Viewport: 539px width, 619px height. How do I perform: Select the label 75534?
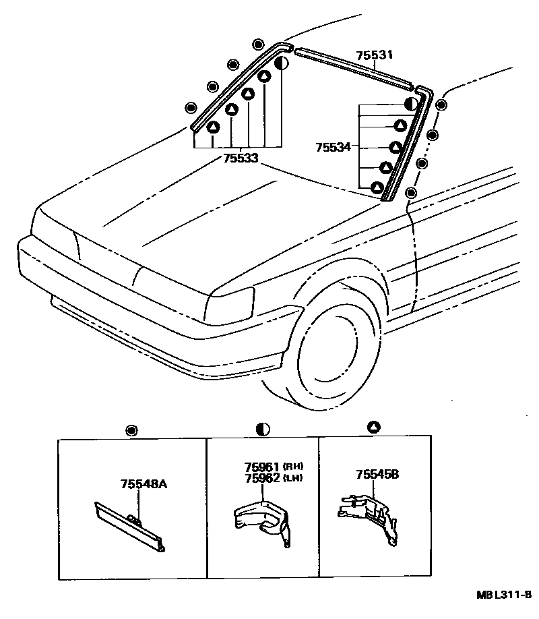(x=333, y=146)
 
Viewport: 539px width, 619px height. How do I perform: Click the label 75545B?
(x=378, y=475)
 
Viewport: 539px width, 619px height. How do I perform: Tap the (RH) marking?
(x=292, y=467)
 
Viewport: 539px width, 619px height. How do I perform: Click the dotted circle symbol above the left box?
(x=131, y=429)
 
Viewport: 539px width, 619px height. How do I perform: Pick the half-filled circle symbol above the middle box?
(x=263, y=429)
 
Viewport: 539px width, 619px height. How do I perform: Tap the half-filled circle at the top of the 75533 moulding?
(x=282, y=64)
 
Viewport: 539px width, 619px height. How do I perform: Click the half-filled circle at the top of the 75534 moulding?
(x=410, y=105)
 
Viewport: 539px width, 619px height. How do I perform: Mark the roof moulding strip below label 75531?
(x=354, y=68)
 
